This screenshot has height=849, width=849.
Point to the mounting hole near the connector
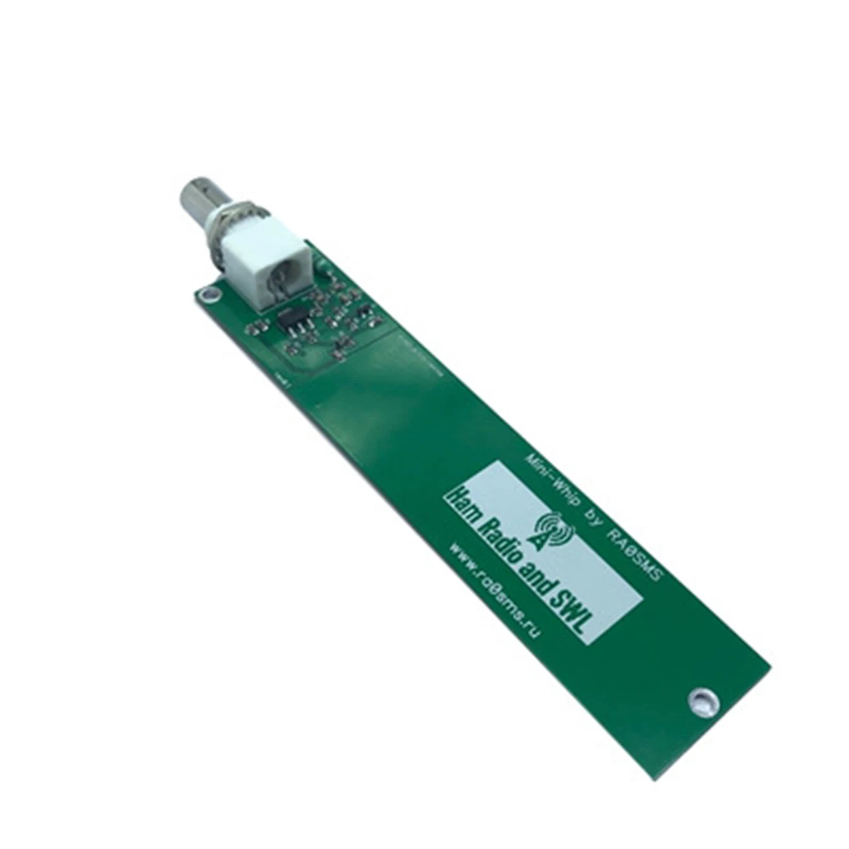coord(206,294)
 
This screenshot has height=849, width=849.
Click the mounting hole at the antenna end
coord(702,699)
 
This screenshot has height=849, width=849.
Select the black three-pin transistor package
coord(296,322)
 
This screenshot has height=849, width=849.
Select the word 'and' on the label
coord(540,575)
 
